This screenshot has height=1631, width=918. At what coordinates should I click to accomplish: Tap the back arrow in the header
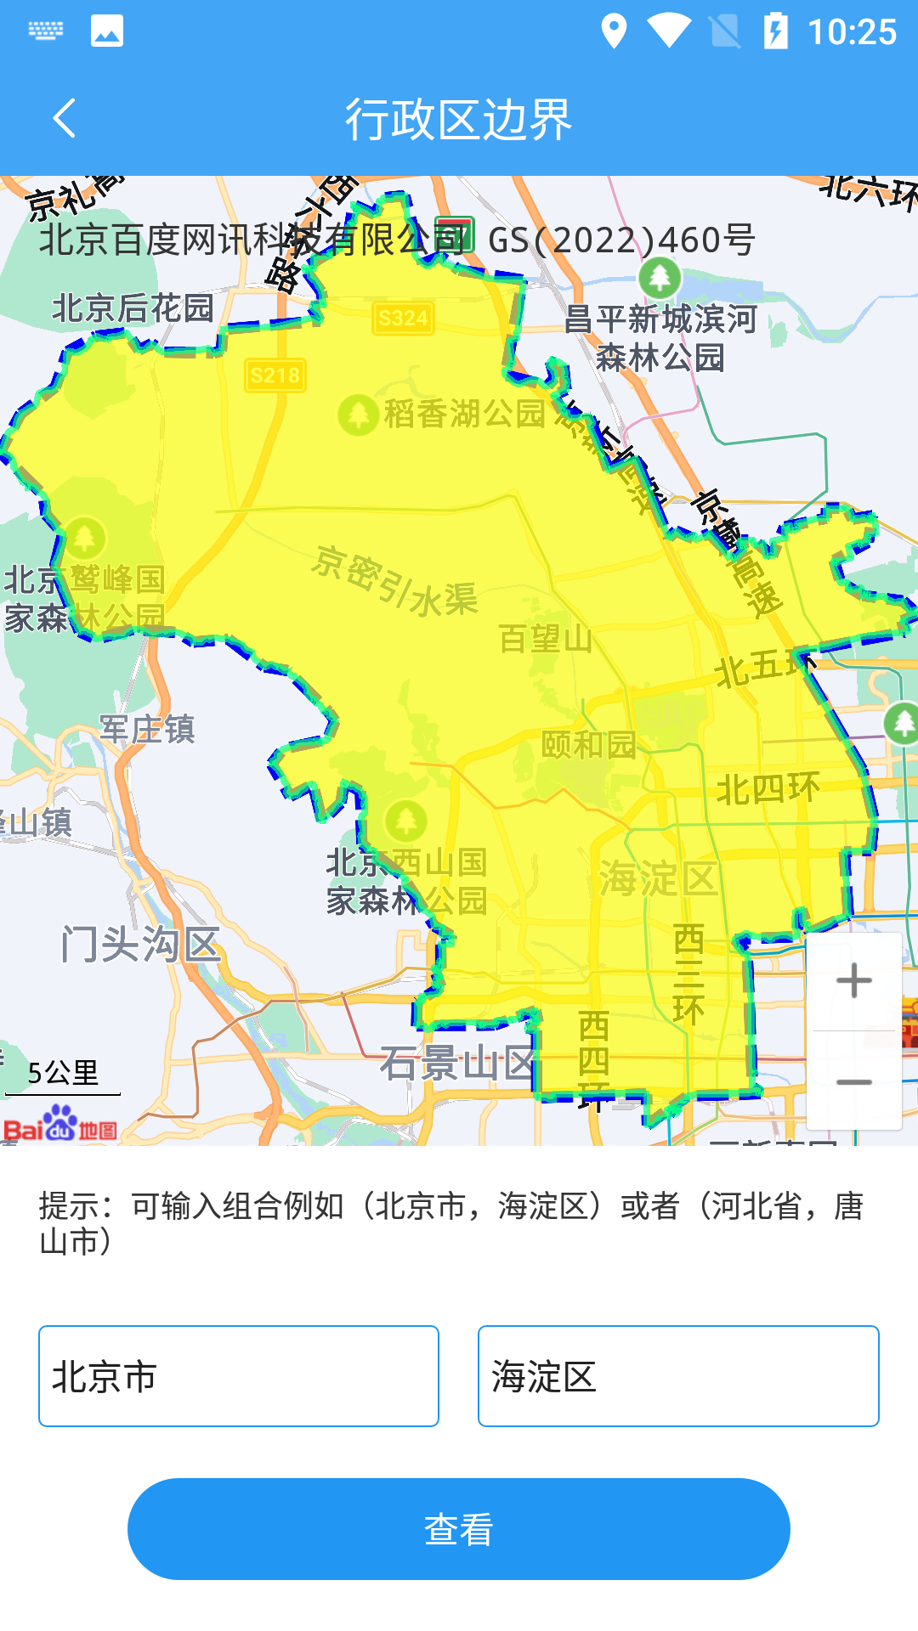click(65, 118)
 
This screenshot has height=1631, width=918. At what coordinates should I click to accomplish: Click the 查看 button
click(459, 1529)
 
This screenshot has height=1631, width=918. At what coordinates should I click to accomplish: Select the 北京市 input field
click(238, 1376)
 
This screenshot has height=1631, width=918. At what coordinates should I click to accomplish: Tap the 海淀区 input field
click(678, 1376)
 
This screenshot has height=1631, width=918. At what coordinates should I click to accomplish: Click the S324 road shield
click(403, 319)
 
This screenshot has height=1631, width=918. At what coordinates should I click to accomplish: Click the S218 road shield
click(275, 375)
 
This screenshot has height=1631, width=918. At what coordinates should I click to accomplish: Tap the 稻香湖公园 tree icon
click(358, 415)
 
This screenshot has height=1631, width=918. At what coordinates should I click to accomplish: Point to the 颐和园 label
click(589, 745)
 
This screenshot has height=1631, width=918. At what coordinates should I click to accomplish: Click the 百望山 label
click(545, 638)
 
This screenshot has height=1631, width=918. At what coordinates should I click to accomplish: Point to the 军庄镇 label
click(148, 729)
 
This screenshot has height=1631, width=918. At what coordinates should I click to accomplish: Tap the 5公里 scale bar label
click(63, 1073)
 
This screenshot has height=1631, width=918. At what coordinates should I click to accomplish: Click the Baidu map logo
click(59, 1124)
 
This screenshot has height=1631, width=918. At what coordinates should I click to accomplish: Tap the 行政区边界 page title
click(459, 119)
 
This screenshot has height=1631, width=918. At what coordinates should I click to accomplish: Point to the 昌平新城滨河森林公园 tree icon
click(660, 277)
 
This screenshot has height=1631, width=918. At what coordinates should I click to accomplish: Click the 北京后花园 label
click(133, 308)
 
